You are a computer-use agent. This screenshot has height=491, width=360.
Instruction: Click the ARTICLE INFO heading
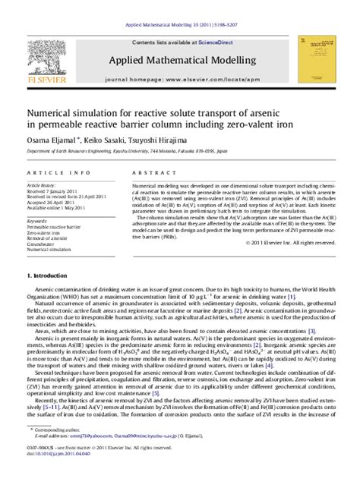50,173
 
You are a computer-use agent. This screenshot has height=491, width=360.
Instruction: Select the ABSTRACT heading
149,173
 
